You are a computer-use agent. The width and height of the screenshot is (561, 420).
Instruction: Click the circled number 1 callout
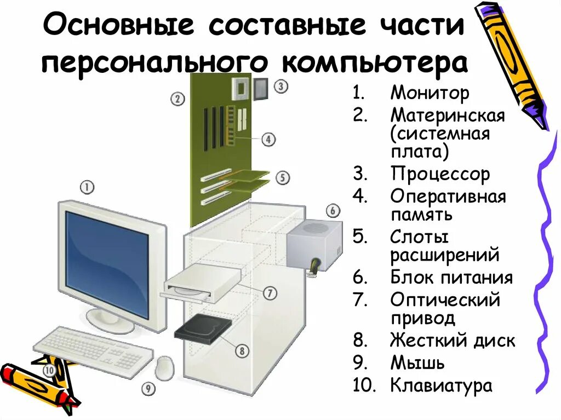coord(87,187)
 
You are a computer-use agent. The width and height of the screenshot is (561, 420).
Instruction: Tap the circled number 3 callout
coord(280,86)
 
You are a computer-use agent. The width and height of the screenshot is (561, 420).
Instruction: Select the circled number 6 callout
coord(333,210)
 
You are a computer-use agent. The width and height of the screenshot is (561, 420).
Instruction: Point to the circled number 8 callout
coord(242,350)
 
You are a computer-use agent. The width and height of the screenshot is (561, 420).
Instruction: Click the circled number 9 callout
coord(147,389)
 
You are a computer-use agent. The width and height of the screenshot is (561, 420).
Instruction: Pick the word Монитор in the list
coord(430,93)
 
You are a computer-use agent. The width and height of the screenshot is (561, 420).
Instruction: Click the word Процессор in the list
coord(440,174)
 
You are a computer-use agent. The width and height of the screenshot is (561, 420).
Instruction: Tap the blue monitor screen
coord(107,263)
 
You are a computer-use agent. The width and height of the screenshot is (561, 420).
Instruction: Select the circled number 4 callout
coord(268,140)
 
